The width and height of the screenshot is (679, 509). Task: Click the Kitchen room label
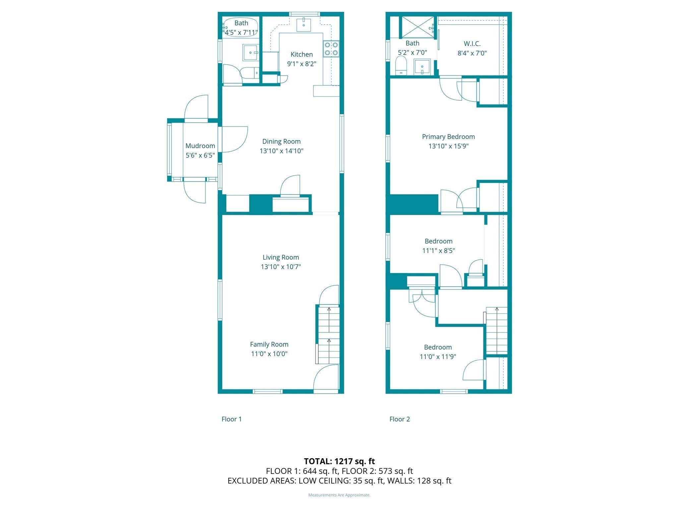[301, 54]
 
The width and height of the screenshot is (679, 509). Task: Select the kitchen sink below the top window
[303, 25]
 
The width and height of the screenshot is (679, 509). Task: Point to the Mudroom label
[200, 146]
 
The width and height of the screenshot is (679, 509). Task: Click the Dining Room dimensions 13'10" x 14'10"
[281, 151]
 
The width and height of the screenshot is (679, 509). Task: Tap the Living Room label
[280, 257]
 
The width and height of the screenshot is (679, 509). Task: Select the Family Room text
[269, 344]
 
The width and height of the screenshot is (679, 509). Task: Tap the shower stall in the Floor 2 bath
[417, 27]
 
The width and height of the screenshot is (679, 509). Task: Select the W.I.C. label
[472, 44]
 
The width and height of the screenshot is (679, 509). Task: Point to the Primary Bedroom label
[448, 137]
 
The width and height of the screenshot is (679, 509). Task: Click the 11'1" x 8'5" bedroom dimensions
[438, 251]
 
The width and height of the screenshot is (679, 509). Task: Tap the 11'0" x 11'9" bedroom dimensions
[438, 357]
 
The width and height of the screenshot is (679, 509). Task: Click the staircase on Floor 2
[496, 330]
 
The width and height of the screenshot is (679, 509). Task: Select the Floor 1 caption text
[231, 419]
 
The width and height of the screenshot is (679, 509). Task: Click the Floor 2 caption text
[400, 419]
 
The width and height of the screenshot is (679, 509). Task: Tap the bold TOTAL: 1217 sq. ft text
[339, 461]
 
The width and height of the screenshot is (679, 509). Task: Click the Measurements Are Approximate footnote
[339, 495]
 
